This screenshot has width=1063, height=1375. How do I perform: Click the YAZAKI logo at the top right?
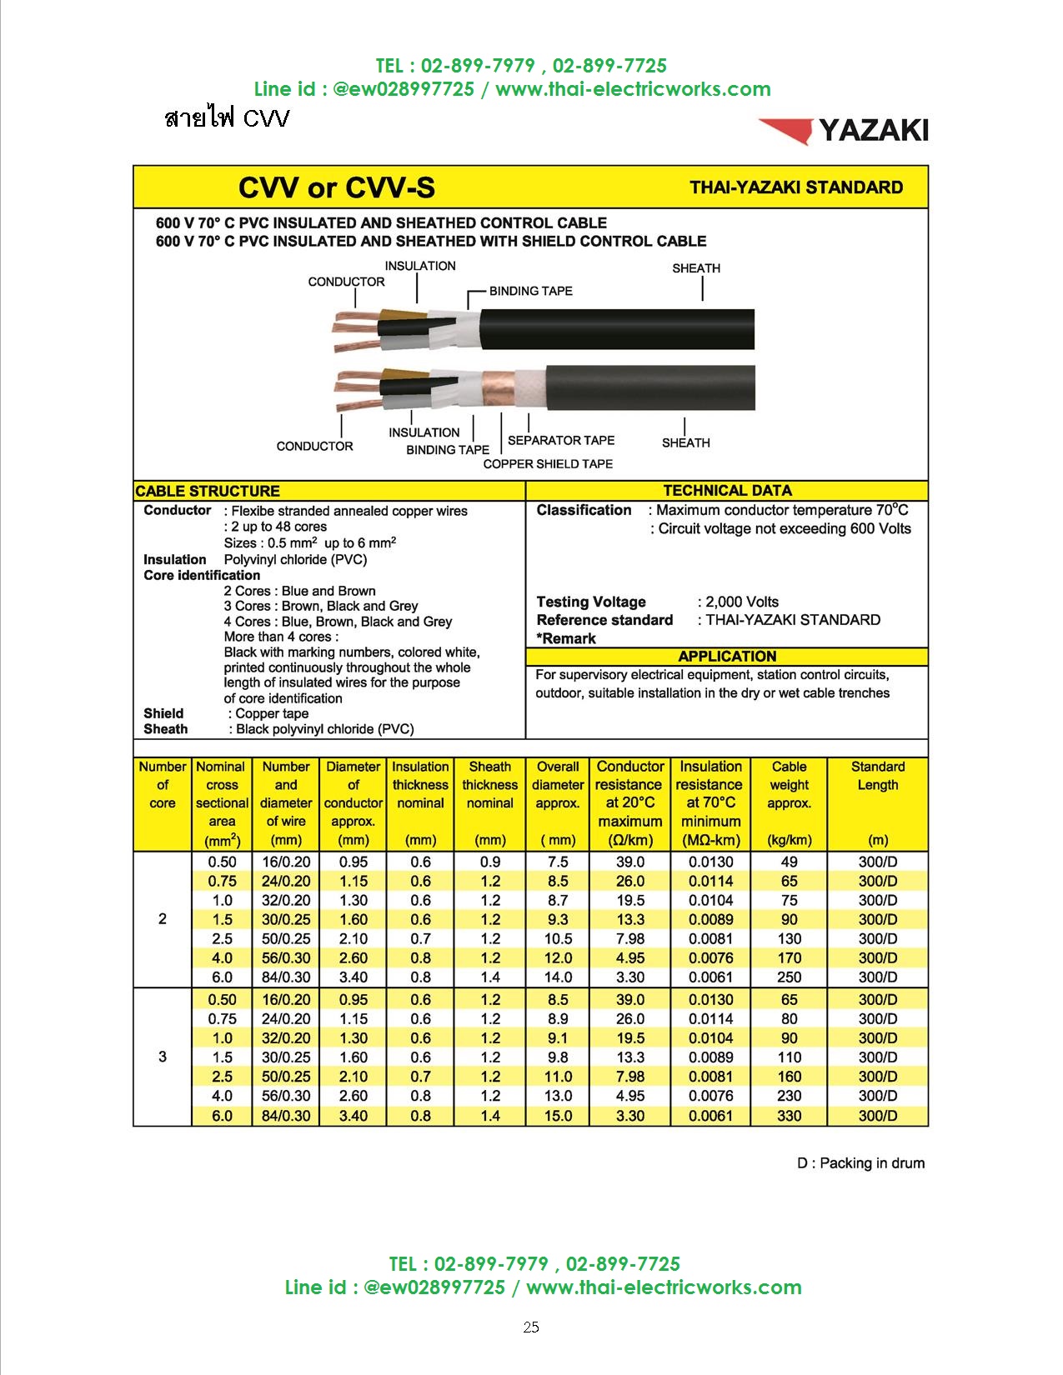(843, 131)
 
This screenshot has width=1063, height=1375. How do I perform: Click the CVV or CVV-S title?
(336, 187)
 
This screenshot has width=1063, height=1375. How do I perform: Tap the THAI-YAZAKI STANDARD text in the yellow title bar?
(795, 187)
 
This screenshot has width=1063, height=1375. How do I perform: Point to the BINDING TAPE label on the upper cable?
(530, 291)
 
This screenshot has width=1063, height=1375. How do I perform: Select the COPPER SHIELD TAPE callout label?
(548, 464)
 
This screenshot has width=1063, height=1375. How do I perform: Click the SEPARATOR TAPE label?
(560, 441)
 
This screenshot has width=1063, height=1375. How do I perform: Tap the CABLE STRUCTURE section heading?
(208, 491)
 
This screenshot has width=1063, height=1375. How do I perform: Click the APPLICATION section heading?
(727, 657)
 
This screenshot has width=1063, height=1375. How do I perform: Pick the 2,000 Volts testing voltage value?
(738, 602)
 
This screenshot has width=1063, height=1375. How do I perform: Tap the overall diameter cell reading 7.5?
(558, 862)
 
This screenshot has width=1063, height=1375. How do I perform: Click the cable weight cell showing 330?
(789, 1116)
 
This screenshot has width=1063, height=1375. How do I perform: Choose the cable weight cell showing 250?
(789, 977)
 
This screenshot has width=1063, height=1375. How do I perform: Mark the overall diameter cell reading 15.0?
(558, 1116)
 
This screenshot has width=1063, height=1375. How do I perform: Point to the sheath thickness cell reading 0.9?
(490, 862)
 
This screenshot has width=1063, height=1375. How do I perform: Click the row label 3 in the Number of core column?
(162, 1057)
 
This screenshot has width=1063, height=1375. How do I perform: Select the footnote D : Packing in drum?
(860, 1163)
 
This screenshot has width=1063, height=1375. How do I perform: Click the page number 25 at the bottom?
(531, 1328)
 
